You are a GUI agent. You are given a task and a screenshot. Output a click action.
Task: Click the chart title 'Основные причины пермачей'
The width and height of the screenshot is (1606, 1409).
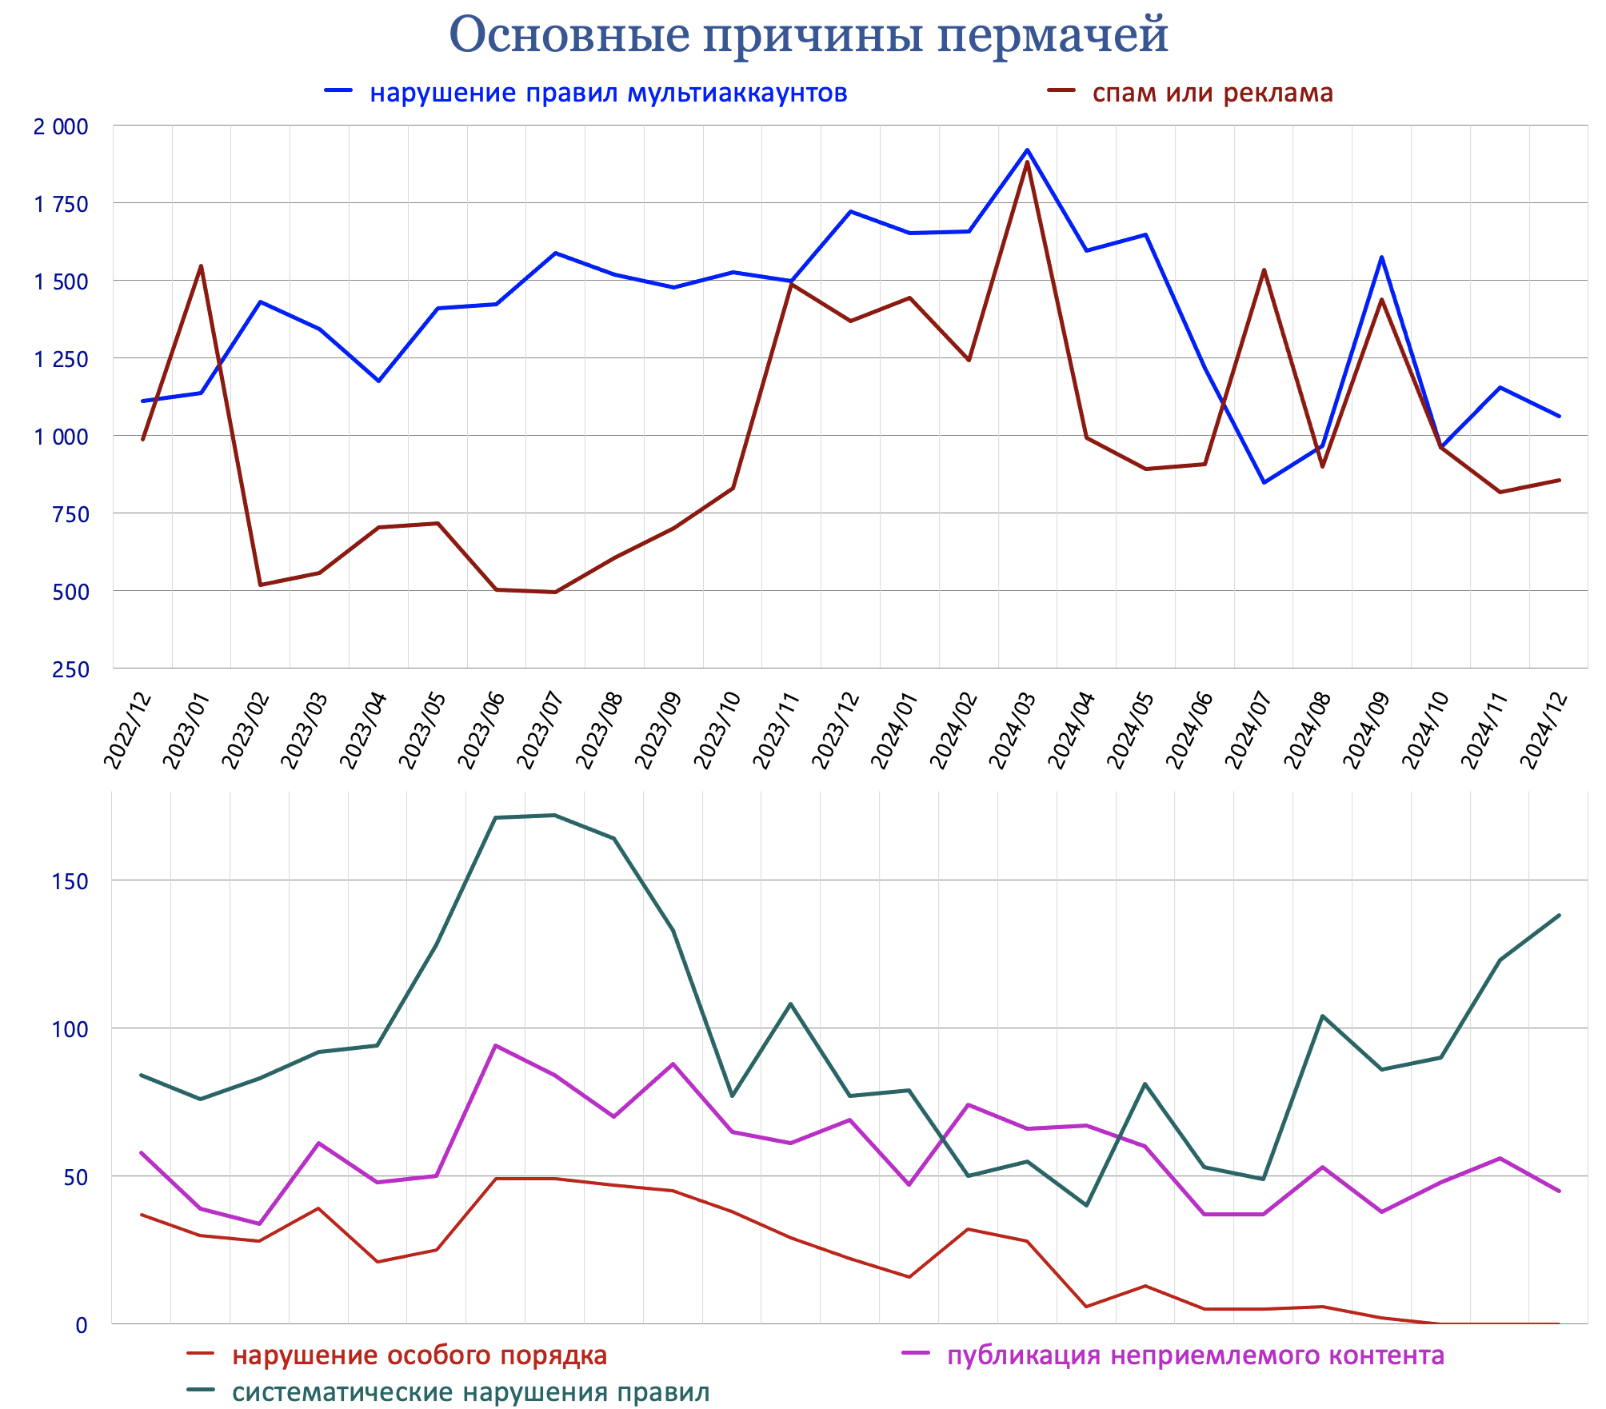(x=808, y=34)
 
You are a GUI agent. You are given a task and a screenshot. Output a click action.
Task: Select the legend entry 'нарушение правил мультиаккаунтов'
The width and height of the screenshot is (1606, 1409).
(x=608, y=93)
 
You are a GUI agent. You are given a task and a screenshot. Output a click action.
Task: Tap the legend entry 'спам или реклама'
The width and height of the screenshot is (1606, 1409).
(x=1212, y=93)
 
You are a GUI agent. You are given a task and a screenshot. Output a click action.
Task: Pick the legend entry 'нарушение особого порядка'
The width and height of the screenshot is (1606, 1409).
(x=419, y=1355)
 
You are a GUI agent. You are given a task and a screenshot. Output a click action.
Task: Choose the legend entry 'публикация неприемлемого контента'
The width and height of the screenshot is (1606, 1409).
(x=1195, y=1355)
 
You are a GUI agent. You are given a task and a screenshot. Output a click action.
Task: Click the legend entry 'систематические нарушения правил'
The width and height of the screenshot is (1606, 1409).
(x=470, y=1392)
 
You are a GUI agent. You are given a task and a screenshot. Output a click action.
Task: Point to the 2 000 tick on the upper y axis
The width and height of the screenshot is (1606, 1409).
(x=61, y=126)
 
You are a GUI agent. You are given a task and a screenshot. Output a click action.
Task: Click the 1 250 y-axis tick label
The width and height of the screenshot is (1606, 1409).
(x=61, y=359)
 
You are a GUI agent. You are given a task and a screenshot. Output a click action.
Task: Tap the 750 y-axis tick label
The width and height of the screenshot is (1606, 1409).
(x=70, y=514)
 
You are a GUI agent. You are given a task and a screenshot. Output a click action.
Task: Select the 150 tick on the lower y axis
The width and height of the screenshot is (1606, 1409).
(x=70, y=881)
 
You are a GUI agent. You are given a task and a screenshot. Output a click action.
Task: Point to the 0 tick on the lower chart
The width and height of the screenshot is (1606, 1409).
(x=81, y=1325)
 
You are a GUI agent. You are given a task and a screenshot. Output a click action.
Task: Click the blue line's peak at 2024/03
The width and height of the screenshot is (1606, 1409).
(x=1027, y=150)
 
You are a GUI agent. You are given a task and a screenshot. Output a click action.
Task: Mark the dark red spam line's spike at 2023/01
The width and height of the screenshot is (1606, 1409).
(x=201, y=265)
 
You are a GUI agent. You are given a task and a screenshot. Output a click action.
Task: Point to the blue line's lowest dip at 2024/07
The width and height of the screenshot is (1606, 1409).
(x=1264, y=482)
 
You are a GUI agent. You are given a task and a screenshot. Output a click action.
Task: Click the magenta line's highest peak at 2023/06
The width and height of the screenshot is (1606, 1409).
(x=496, y=1045)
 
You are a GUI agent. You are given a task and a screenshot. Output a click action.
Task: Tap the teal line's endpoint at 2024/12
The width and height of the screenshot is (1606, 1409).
(x=1559, y=916)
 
